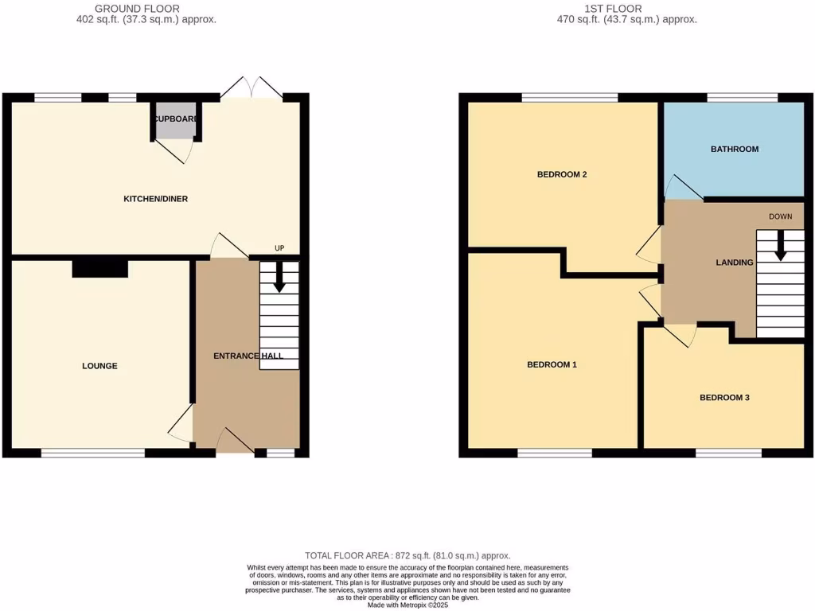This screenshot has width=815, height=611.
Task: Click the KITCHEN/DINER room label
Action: click(x=155, y=198)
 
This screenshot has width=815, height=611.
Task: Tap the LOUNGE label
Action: click(x=99, y=366)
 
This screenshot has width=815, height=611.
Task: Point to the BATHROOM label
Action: click(x=734, y=149)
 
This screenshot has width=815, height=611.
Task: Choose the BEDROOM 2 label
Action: click(x=562, y=174)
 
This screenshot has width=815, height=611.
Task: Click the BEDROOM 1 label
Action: click(x=552, y=364)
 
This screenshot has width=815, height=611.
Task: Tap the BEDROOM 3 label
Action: click(x=724, y=398)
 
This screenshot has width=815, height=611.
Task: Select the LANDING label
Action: click(x=734, y=263)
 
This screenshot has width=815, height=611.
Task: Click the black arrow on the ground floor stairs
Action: click(x=279, y=278)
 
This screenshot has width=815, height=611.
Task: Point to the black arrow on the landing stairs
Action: click(x=780, y=246)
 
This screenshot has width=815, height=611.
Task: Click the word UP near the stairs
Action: click(x=279, y=248)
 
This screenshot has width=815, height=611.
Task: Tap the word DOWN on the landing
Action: click(x=780, y=216)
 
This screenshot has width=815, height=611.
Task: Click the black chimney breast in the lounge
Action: click(x=100, y=269)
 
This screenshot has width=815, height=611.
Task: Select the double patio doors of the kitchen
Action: click(x=251, y=90)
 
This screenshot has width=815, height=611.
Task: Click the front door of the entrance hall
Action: click(x=235, y=439)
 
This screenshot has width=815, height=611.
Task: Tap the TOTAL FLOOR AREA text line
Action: click(x=407, y=555)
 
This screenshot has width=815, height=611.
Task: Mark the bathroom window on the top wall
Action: click(x=742, y=98)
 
